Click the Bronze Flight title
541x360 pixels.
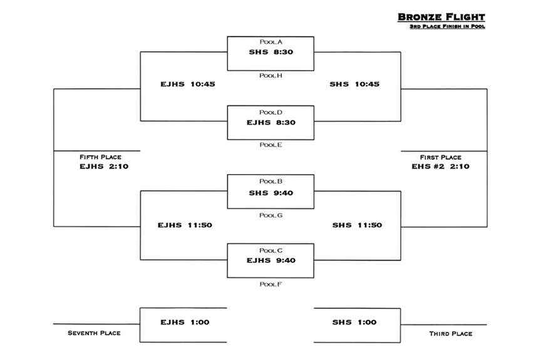441,17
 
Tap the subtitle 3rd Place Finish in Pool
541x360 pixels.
448,26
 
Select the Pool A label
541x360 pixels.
271,42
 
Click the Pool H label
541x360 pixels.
271,76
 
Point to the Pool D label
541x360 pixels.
271,113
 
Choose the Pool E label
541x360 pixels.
271,145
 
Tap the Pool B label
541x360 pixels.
271,182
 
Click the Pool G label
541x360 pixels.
271,215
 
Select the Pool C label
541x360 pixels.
271,250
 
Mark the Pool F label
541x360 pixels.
271,284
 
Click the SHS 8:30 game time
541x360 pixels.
271,52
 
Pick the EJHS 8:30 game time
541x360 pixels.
271,123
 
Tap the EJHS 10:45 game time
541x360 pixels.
188,84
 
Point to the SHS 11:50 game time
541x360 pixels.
357,225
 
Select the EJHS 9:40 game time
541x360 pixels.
271,260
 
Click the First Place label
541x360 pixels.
441,158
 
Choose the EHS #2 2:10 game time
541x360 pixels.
441,167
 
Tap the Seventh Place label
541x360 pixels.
94,333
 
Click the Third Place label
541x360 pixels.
451,334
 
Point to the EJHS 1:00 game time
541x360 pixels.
185,322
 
